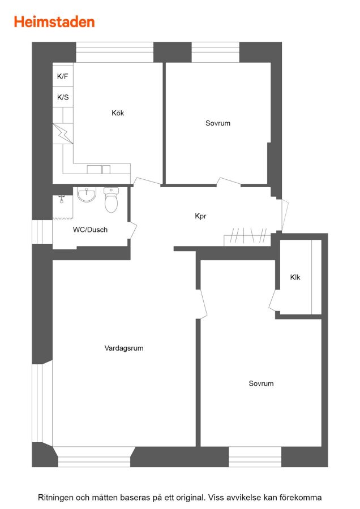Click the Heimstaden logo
(54, 22)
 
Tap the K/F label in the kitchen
(62, 76)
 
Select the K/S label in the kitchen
(63, 97)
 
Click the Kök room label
(118, 113)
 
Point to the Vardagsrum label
(124, 348)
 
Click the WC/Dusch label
(90, 230)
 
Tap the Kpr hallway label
(200, 216)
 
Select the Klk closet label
(295, 277)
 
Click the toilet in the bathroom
(111, 200)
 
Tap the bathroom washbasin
(87, 195)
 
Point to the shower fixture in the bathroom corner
(62, 199)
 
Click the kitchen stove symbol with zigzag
(63, 133)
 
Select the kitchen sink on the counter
(98, 169)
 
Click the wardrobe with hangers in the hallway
(247, 236)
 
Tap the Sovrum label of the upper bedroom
(218, 123)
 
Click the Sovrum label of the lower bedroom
(261, 383)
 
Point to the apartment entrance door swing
(285, 215)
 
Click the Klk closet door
(272, 300)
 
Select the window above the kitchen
(115, 52)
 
